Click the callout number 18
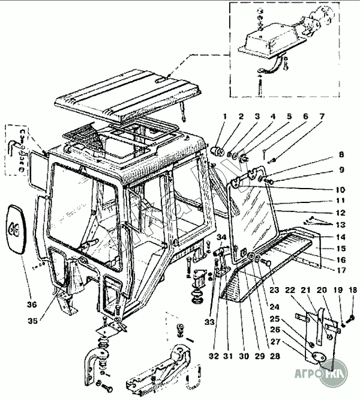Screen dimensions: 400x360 (x=352, y=291)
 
